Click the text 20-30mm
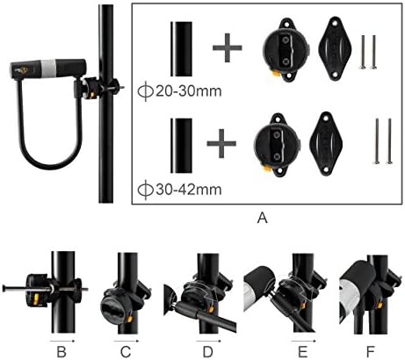tap(188, 91)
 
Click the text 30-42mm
tap(188, 190)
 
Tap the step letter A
tap(263, 218)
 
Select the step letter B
tap(61, 351)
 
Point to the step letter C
tap(126, 351)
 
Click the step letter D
tap(208, 351)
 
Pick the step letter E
tap(303, 351)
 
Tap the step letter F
tap(371, 351)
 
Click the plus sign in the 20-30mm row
tap(228, 47)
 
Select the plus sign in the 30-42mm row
tap(221, 143)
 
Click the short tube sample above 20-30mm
tap(181, 49)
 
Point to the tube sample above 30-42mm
tap(181, 146)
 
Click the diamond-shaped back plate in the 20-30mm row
tap(335, 49)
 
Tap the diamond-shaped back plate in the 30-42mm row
tap(326, 144)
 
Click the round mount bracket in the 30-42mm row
tap(277, 146)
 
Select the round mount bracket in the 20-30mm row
tap(286, 50)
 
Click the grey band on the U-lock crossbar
tap(48, 68)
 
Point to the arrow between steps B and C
tap(62, 341)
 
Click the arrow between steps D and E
tap(209, 341)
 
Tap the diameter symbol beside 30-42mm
tap(146, 190)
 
